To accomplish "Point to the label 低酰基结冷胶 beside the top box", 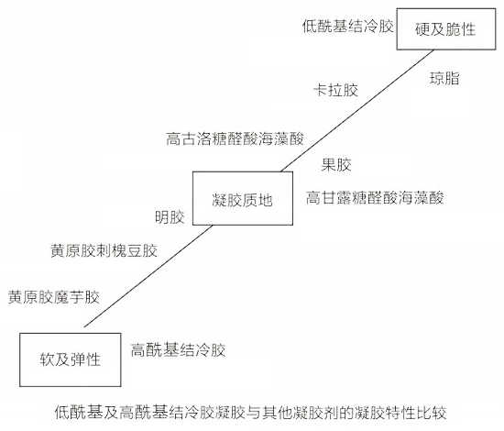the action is coord(348,26).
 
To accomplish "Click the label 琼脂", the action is coord(444,78).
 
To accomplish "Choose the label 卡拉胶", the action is coord(335,90).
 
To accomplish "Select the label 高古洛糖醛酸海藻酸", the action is coord(235,138).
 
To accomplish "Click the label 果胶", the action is coord(336,165).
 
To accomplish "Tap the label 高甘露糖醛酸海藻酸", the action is coord(375,197).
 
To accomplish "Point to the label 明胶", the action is coord(170,217).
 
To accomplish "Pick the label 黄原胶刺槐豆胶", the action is coord(104,250).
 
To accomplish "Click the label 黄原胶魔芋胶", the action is coord(54,297).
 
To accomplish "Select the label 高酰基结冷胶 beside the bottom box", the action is coord(178,349).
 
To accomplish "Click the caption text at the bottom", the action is coord(250,412).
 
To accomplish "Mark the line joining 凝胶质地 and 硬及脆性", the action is coord(357,111).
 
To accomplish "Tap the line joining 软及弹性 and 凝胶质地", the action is coord(148,276).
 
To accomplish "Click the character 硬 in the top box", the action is coord(422,29).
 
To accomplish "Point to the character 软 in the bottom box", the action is coord(48,359).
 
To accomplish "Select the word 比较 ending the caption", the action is coord(432,412).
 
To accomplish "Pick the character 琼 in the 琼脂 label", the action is coord(437,78).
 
